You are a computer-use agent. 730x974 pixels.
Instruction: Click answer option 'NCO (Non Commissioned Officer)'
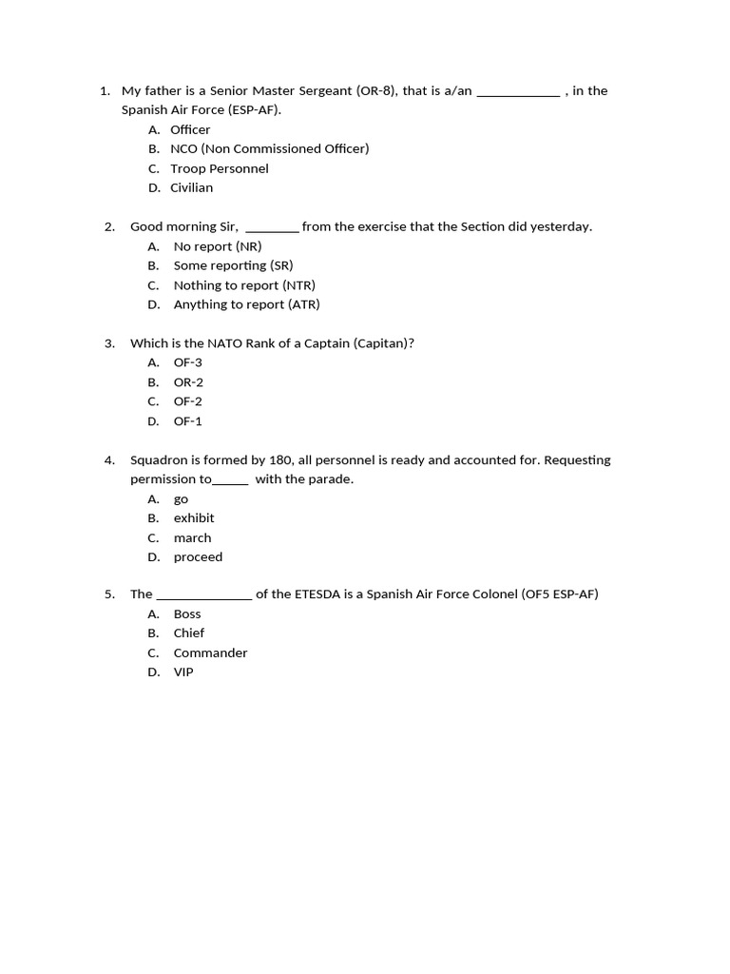(x=269, y=148)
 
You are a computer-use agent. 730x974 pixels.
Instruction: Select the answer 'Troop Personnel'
(x=219, y=168)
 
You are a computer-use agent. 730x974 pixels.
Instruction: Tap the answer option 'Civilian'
(x=191, y=187)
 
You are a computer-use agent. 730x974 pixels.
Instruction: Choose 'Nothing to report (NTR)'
(x=243, y=285)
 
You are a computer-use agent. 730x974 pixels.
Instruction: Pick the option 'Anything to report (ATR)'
(x=246, y=304)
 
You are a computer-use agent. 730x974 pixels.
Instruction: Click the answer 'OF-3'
(x=187, y=362)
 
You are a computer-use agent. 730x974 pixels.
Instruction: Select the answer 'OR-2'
(x=188, y=382)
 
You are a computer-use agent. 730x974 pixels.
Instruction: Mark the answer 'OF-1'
(x=187, y=421)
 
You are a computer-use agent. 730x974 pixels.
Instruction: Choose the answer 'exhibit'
(x=194, y=518)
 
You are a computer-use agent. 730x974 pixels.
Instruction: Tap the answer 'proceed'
(x=198, y=557)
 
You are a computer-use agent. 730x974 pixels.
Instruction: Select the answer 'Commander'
(x=210, y=653)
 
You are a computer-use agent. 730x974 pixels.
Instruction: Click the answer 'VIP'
(x=183, y=672)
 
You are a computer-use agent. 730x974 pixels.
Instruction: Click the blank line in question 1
(x=518, y=92)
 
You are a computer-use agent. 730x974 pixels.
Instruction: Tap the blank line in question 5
(x=203, y=596)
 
